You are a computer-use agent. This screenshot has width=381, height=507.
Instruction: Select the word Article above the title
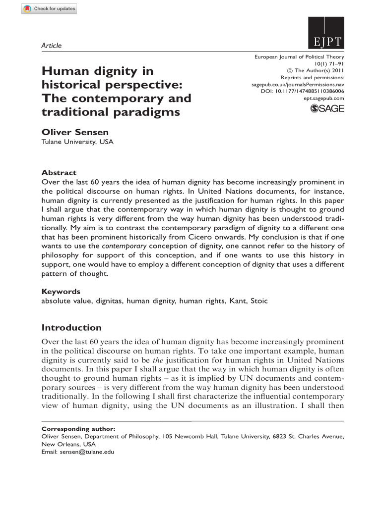(x=52, y=46)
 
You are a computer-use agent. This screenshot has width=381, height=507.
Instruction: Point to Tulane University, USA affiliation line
(x=77, y=142)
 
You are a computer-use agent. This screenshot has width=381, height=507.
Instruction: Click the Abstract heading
(x=59, y=173)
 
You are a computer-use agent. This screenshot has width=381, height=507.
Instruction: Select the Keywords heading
(x=61, y=292)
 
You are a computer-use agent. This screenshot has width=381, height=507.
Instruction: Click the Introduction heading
(x=71, y=327)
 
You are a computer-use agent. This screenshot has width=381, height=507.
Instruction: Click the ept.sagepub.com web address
(x=323, y=98)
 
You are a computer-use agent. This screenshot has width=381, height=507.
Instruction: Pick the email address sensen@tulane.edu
(x=88, y=452)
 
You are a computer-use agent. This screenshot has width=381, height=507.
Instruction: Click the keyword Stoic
(x=258, y=301)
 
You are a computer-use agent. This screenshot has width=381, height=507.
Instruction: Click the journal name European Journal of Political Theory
(x=299, y=57)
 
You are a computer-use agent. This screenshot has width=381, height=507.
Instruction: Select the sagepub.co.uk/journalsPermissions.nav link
(x=298, y=85)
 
